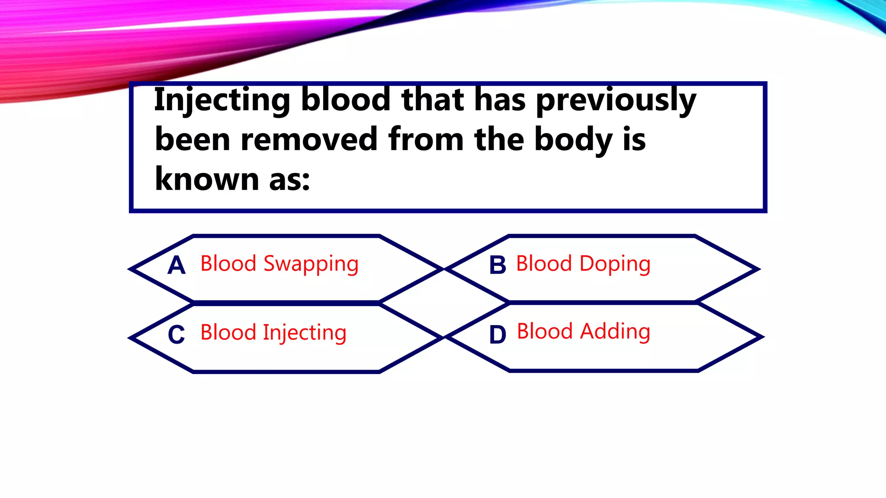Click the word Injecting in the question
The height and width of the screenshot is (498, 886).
coord(222,100)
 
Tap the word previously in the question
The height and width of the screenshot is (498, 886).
coord(616,100)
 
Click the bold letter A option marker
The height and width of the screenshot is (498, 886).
coord(177,265)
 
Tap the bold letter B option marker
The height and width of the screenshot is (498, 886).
coord(498,265)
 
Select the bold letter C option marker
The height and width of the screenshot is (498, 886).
coord(177,335)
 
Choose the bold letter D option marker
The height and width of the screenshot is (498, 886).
coord(498,335)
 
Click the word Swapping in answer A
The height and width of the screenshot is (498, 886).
coord(311,264)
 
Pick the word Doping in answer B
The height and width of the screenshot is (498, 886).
coord(615,264)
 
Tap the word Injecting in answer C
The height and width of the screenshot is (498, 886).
coord(305,333)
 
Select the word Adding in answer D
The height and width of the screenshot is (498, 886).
coord(615,332)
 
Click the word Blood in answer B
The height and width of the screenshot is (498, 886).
coord(544,263)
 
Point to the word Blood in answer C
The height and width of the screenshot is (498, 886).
coord(228,332)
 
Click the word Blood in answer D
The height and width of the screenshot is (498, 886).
coord(545,331)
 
